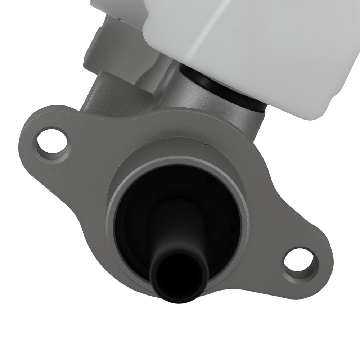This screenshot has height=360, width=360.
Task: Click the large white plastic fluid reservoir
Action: click(252, 43)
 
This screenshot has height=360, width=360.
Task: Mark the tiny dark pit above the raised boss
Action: click(206, 145)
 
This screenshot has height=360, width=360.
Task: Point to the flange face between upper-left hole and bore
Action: click(90, 162)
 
